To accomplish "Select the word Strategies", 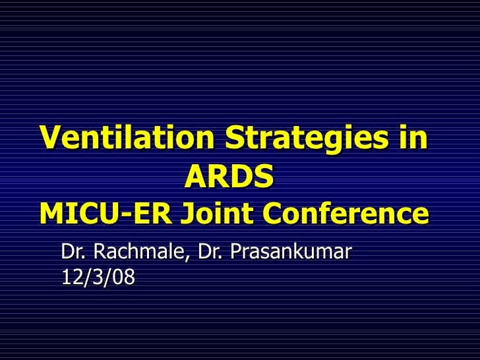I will tap(307, 138).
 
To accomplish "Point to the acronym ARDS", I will tap(229, 176).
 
